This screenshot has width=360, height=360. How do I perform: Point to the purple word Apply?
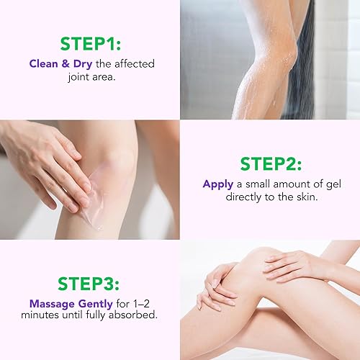click(218, 184)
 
